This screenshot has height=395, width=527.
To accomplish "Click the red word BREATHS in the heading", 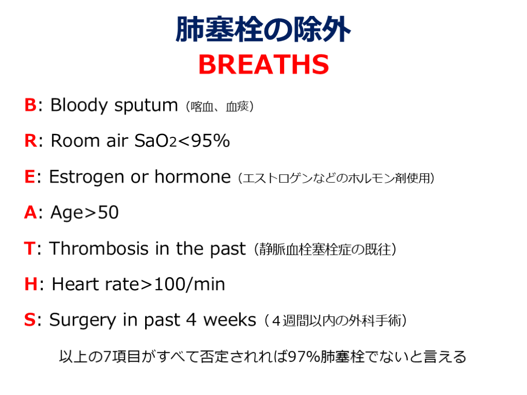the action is [x=263, y=64].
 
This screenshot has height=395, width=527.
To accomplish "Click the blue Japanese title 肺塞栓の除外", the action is [x=263, y=29].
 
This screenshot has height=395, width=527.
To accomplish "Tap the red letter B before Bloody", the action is [x=30, y=105].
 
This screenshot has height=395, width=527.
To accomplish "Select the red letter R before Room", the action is [x=30, y=140].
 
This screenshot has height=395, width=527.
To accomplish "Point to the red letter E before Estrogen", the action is [x=29, y=176].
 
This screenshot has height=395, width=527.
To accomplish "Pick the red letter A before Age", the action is [x=30, y=212].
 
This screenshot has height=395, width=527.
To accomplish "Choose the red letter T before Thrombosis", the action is [x=29, y=248].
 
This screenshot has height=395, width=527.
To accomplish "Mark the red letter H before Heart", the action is [x=31, y=284].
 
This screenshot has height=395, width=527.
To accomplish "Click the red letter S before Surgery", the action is [x=29, y=319].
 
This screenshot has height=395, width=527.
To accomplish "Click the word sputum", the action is [x=146, y=106].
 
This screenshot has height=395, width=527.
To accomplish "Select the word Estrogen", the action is [x=86, y=177].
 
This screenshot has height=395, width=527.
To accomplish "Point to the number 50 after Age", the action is [x=108, y=212].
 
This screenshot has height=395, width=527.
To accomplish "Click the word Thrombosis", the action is [x=99, y=248].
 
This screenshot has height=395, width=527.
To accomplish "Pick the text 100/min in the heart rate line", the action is [x=189, y=284].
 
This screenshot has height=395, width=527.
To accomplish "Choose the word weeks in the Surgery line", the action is [x=230, y=319].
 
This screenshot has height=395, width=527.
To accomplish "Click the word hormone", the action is [x=192, y=176].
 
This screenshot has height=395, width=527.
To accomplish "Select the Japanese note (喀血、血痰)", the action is [x=220, y=107].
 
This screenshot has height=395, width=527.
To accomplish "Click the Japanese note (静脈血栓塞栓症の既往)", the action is [x=325, y=249].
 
